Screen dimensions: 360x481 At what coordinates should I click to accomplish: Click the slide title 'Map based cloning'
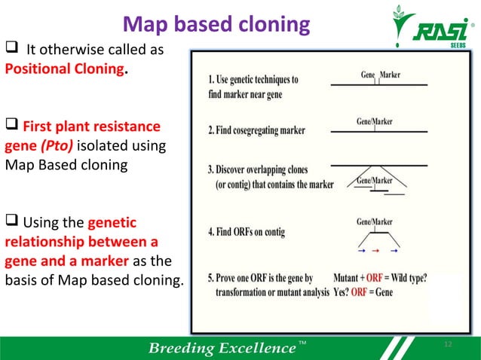(x=216, y=25)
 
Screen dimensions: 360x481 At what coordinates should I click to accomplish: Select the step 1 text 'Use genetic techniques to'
(x=253, y=79)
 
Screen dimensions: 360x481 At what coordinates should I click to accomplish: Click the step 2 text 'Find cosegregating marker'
(x=256, y=130)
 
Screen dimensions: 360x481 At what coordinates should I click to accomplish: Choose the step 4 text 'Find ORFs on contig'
(x=246, y=233)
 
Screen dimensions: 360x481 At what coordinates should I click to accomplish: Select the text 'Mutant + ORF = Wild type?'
(x=381, y=276)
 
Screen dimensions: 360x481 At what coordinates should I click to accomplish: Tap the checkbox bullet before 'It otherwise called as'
(x=13, y=50)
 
